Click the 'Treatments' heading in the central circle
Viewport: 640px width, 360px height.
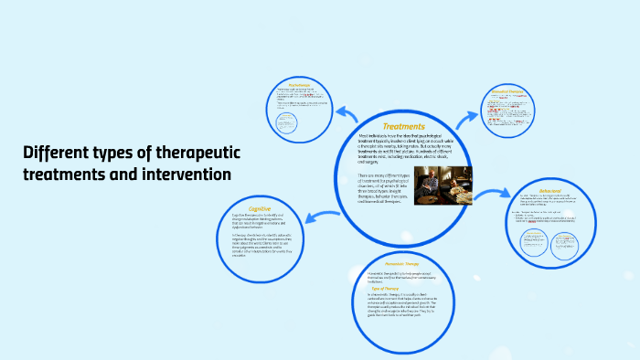point(403,126)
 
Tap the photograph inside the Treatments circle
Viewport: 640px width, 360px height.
point(443,185)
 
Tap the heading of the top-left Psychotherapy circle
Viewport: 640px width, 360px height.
point(300,83)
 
